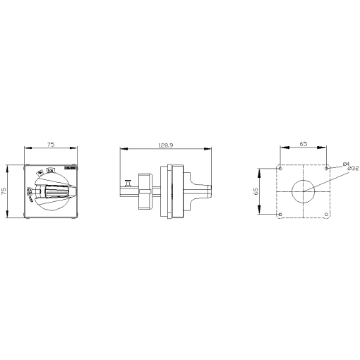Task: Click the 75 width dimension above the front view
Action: pyautogui.click(x=50, y=144)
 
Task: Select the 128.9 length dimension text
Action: pyautogui.click(x=167, y=144)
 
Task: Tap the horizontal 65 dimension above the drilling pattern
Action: pyautogui.click(x=303, y=144)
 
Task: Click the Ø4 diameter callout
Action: pyautogui.click(x=345, y=164)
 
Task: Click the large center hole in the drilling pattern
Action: pyautogui.click(x=304, y=191)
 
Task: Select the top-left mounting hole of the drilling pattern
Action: pyautogui.click(x=281, y=169)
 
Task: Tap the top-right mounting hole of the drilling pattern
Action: pyautogui.click(x=326, y=169)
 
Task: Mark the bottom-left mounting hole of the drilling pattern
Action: pyautogui.click(x=281, y=214)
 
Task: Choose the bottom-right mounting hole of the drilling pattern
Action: pyautogui.click(x=326, y=214)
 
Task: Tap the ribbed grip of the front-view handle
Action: pyautogui.click(x=55, y=191)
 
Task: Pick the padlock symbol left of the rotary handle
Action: pyautogui.click(x=29, y=191)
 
